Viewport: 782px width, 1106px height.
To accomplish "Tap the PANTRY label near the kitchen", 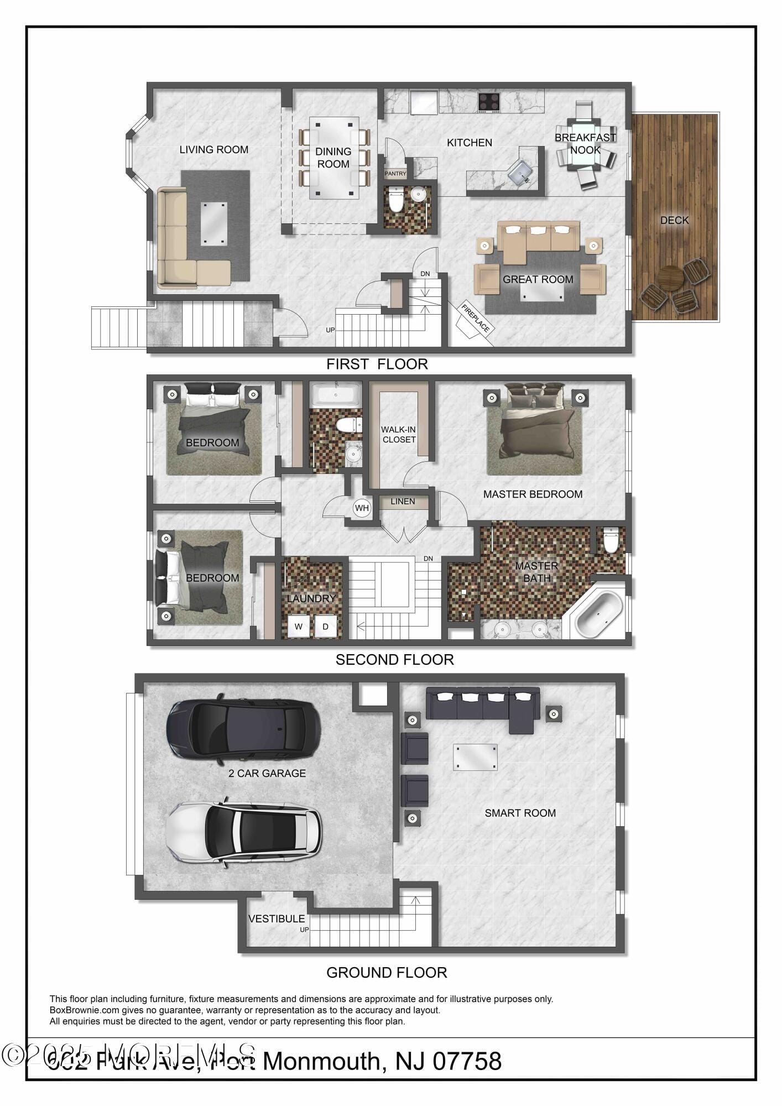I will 395,174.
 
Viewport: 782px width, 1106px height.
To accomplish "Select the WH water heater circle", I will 362,508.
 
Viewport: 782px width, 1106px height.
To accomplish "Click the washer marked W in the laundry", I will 299,626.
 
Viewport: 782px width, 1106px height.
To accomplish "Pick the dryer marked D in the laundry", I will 326,626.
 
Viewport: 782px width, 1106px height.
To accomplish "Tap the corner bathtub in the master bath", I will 599,614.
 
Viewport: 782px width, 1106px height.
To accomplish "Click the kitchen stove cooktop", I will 488,102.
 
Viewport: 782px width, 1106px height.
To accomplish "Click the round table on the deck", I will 670,278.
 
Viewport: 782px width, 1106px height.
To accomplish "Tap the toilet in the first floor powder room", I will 396,201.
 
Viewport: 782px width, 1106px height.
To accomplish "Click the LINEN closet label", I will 403,502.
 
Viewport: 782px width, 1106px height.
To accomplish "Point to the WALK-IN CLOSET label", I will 398,435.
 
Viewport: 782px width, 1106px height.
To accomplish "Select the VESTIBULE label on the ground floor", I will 277,919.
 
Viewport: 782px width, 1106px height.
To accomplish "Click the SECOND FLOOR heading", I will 394,659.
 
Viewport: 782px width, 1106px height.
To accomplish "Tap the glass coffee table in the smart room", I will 475,757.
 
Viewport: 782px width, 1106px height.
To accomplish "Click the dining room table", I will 333,158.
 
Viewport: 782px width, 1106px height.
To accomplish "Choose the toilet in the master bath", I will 610,540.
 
